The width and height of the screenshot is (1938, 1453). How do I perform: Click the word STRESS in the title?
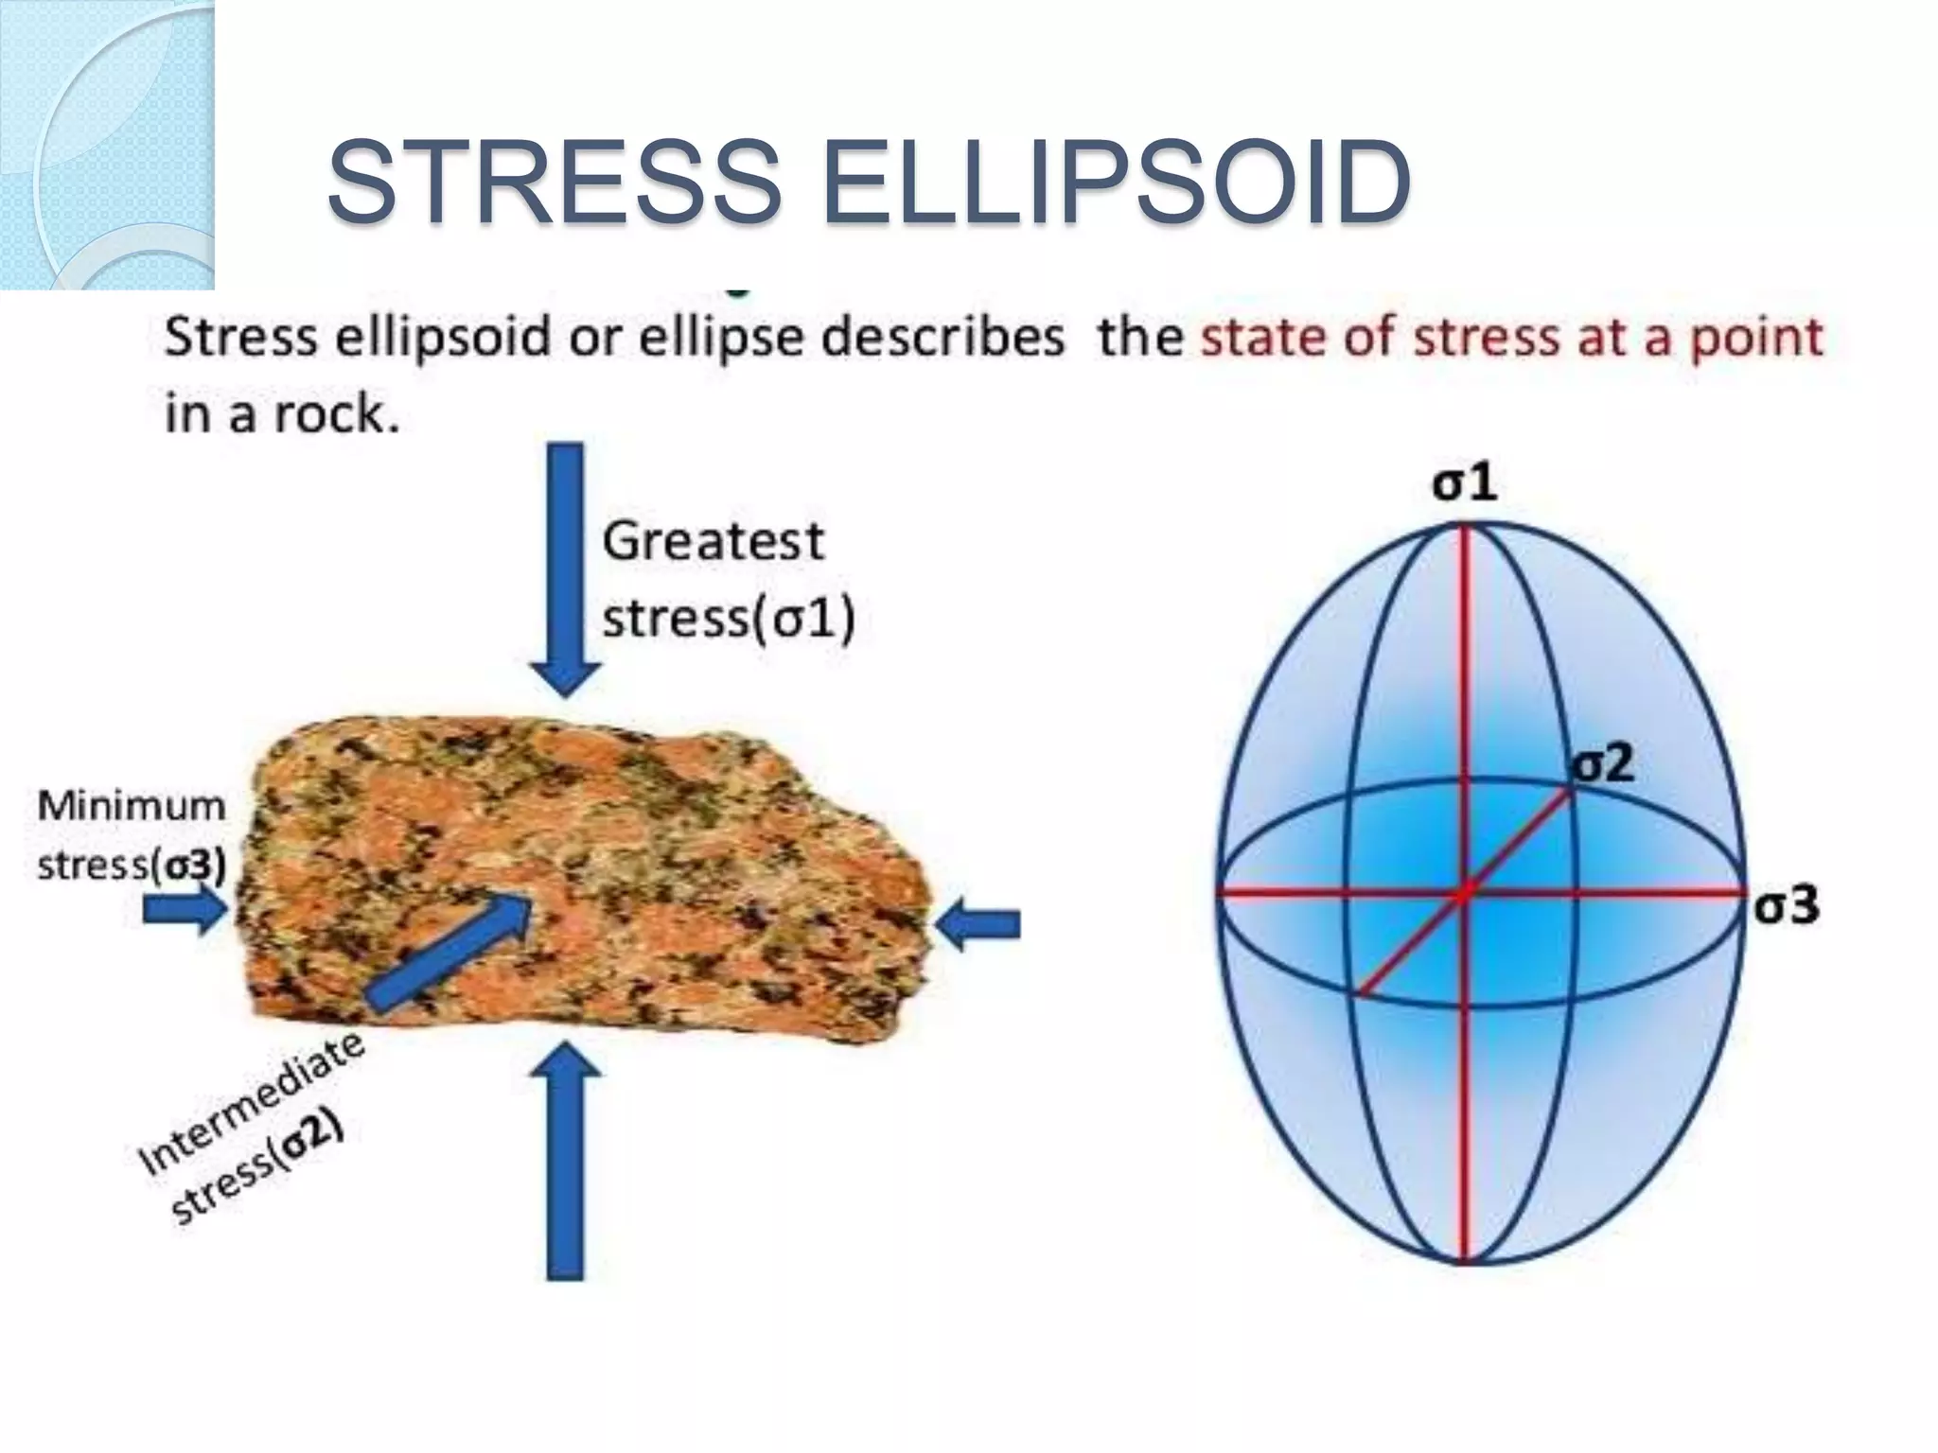555,182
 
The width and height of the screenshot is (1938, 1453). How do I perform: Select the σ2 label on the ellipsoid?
1602,763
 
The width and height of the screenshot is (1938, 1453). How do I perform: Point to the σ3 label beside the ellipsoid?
1786,905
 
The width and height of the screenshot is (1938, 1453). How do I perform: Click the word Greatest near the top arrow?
714,542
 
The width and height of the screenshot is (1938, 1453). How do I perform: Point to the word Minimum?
132,807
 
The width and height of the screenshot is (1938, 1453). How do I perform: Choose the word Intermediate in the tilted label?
252,1102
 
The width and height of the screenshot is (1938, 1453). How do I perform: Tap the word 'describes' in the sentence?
943,338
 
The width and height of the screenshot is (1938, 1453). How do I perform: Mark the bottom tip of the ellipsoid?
1465,1261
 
